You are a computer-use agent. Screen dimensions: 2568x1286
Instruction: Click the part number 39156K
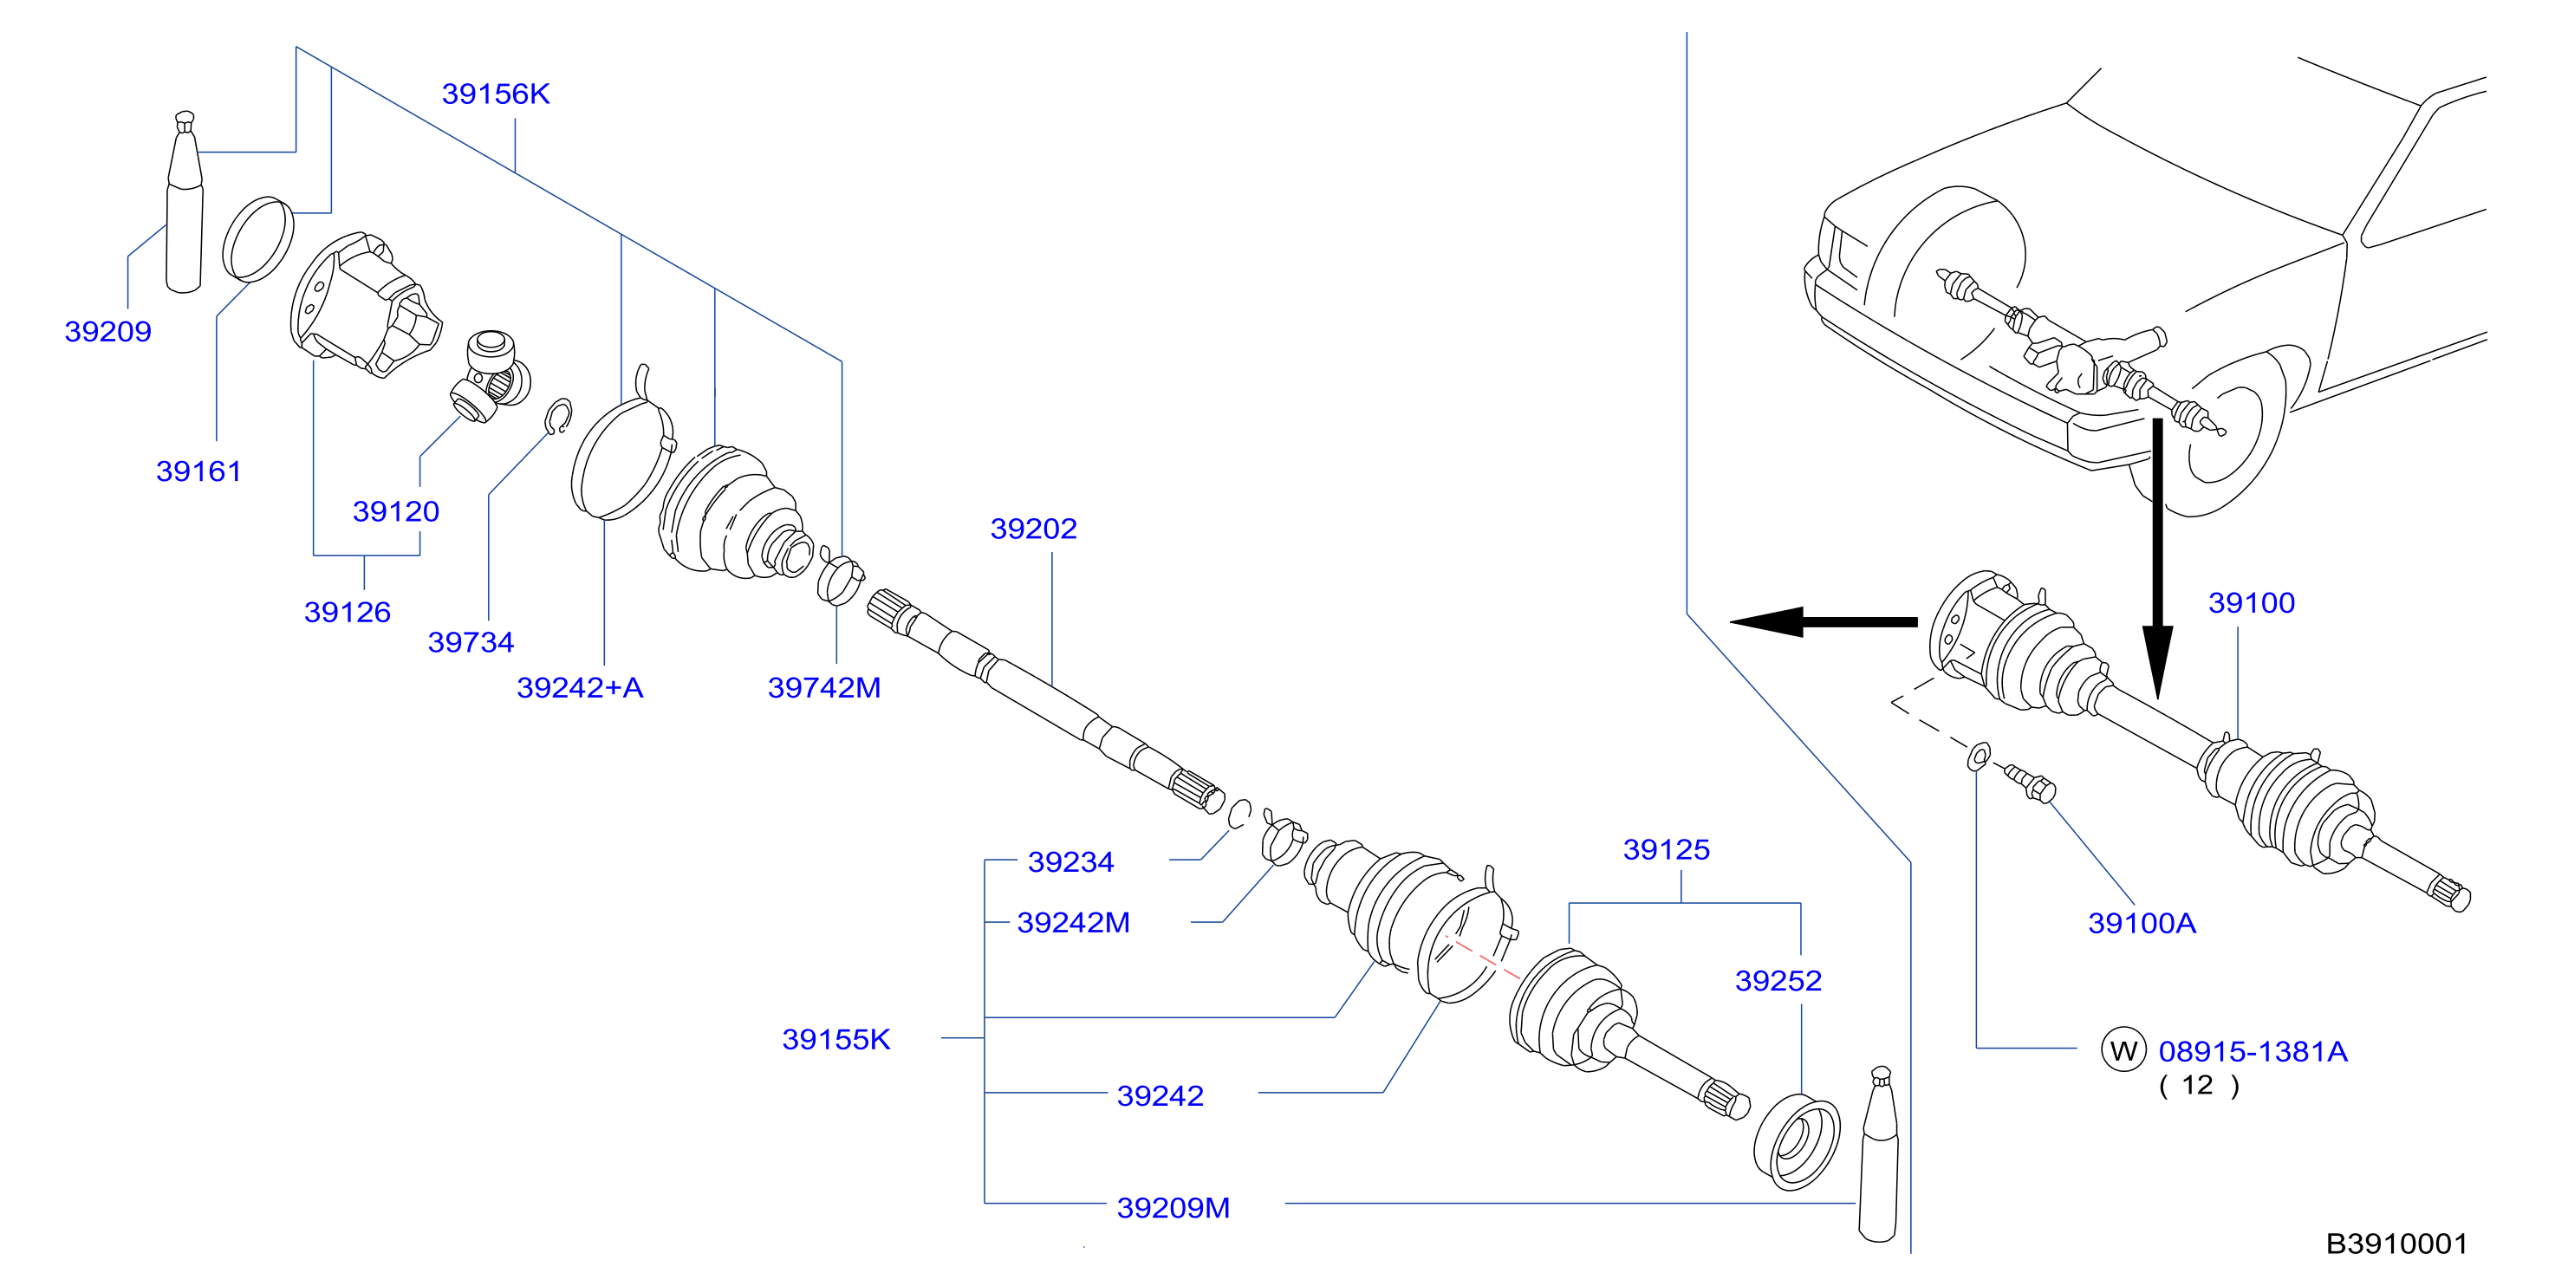coord(496,94)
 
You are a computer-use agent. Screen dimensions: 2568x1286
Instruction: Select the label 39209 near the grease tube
coord(107,331)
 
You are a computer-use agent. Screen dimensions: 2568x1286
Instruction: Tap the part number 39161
coord(198,471)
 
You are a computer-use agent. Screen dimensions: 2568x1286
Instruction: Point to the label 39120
coord(396,511)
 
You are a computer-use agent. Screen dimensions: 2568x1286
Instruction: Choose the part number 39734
coord(471,642)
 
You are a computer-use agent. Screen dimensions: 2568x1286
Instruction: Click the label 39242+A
coord(580,688)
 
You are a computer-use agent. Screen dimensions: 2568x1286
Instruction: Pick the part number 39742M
coord(824,688)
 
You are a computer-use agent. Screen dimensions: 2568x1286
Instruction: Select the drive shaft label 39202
coord(1034,529)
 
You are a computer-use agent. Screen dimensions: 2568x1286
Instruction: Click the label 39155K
coord(835,1040)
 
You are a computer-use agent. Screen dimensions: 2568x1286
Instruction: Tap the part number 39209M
coord(1173,1208)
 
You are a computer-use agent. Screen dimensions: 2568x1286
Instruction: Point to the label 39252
coord(1778,981)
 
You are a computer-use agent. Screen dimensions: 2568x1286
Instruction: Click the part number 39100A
coord(2142,923)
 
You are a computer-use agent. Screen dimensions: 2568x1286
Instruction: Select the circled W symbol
coord(2123,1049)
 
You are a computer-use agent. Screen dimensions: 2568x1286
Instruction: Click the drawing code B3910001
coord(2396,1244)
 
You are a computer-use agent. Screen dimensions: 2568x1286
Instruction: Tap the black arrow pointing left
coord(1824,622)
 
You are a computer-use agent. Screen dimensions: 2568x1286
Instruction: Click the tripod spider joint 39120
coord(490,376)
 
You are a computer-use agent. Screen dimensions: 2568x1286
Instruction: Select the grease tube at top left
coord(185,203)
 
